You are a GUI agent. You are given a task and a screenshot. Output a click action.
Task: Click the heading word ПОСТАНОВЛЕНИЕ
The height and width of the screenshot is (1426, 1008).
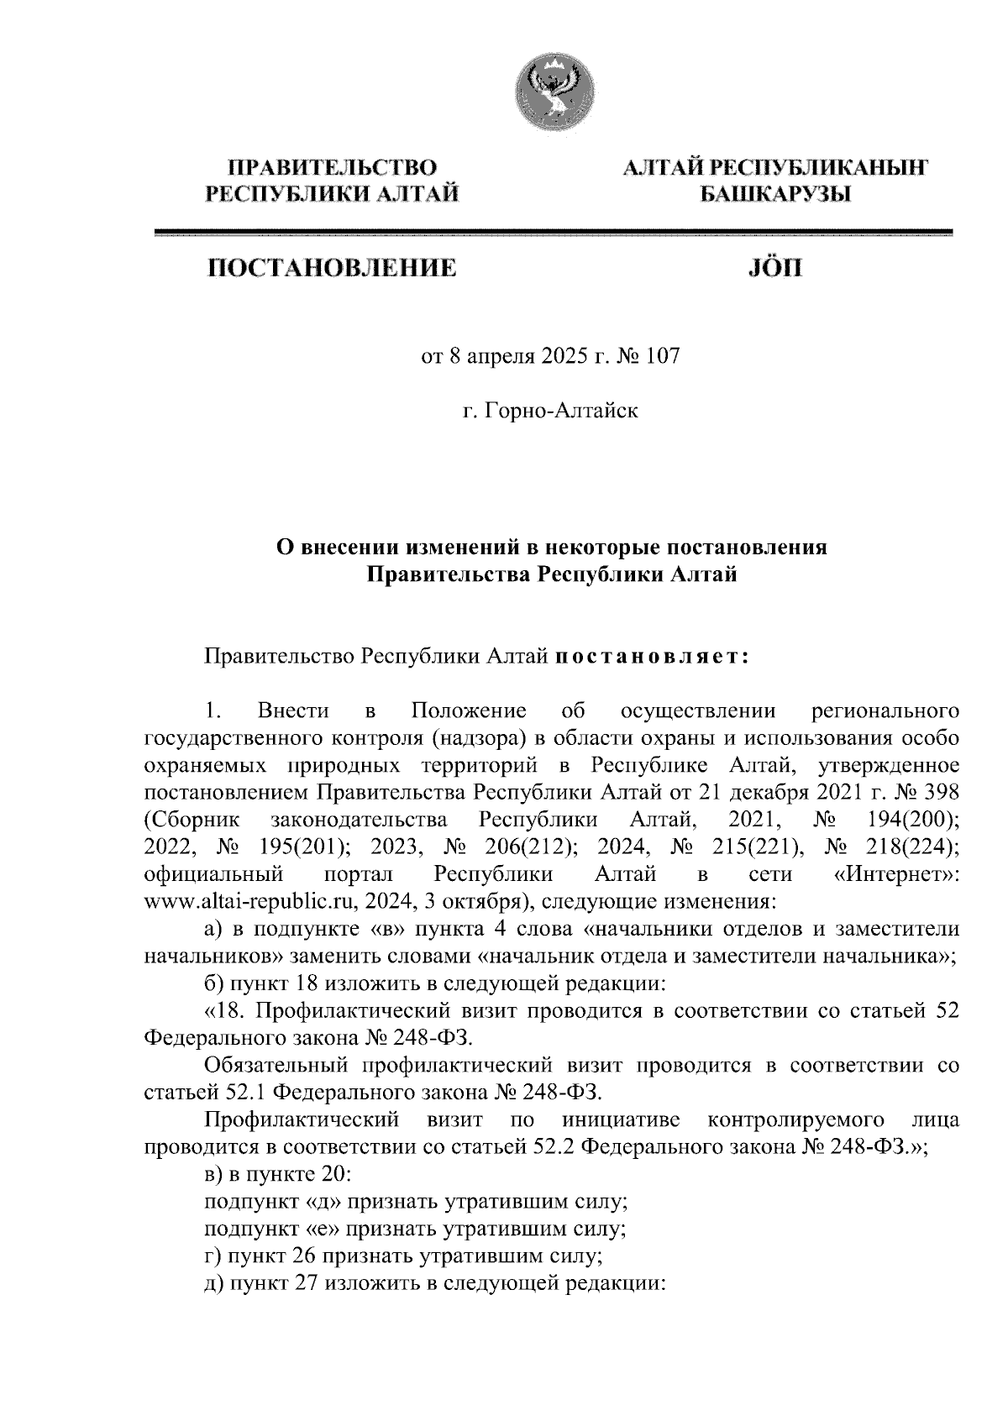[332, 269]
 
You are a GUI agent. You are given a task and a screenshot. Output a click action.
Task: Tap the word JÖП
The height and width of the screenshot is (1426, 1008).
[774, 269]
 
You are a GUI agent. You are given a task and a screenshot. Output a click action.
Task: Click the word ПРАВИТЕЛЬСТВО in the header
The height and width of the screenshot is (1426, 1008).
[333, 166]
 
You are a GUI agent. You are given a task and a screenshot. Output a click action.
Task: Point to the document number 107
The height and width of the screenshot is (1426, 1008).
[660, 358]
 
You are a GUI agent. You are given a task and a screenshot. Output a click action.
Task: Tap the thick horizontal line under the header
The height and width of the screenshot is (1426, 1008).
[553, 233]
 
